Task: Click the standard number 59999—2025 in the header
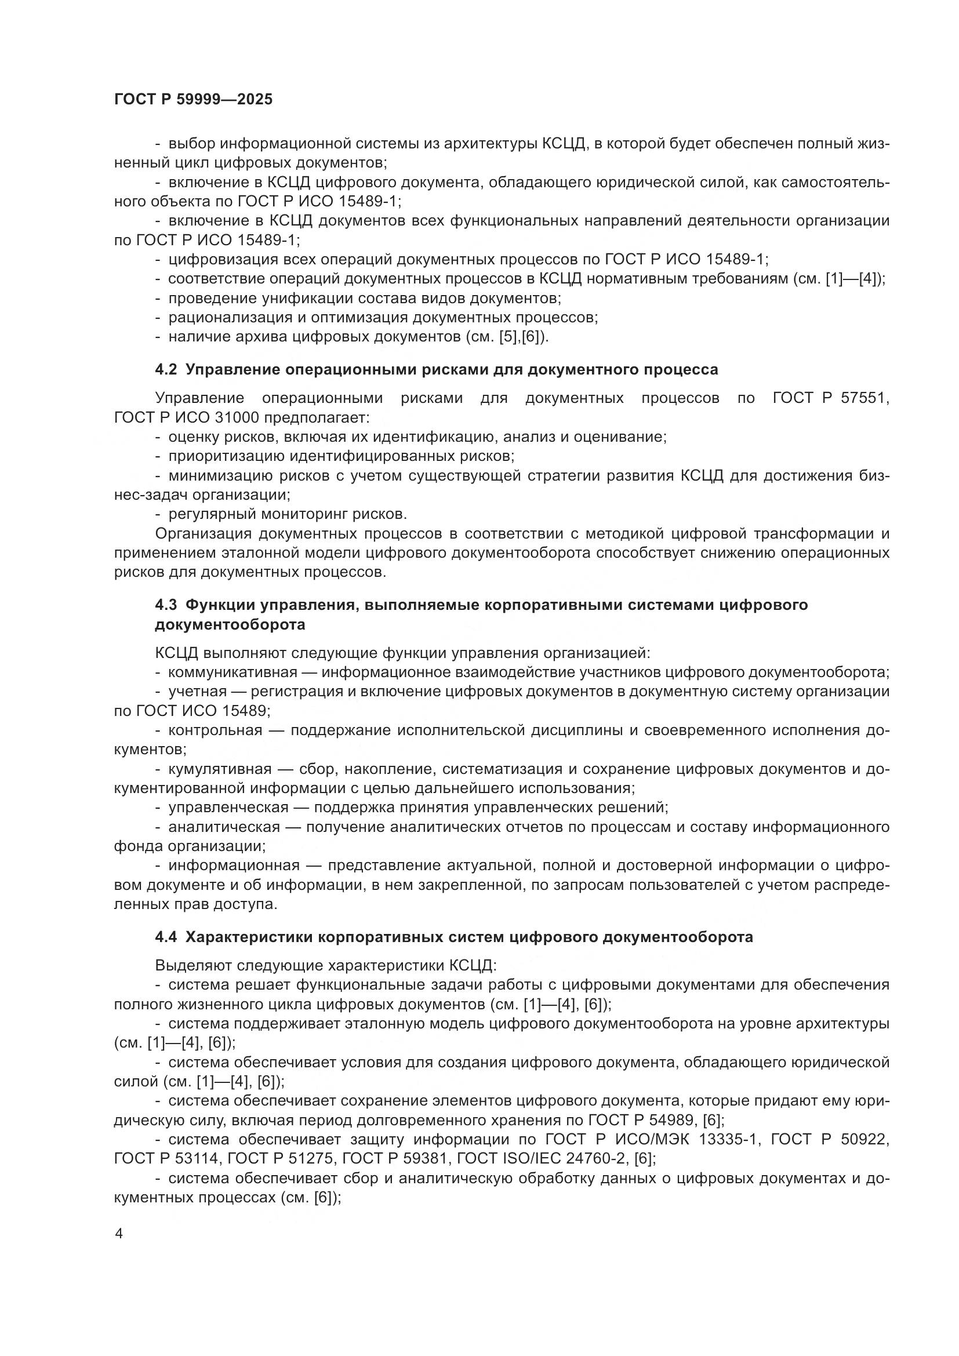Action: coord(224,100)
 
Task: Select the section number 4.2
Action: coord(166,370)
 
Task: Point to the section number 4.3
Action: coord(166,605)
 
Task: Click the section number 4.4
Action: coord(166,937)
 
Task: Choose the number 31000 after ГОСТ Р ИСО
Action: coord(231,417)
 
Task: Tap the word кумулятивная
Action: coord(220,769)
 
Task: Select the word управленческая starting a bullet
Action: coord(228,808)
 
